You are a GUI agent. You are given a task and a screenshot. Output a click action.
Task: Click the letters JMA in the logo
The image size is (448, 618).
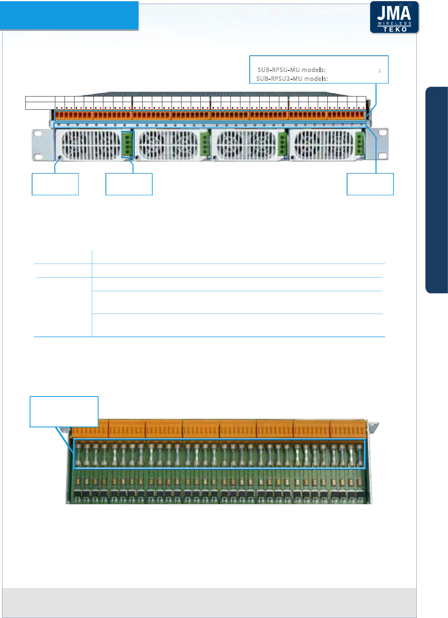(x=394, y=13)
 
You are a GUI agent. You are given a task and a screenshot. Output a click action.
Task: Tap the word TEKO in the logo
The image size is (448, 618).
(x=395, y=30)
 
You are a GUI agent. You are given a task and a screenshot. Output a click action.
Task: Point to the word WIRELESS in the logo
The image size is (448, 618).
(x=395, y=24)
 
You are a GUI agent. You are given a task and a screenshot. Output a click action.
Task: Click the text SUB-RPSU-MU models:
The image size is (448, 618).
(x=291, y=70)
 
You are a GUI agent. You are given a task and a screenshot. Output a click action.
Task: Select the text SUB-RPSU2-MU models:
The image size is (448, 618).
(x=292, y=79)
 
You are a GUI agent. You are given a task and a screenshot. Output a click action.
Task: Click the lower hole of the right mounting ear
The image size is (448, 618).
(x=382, y=155)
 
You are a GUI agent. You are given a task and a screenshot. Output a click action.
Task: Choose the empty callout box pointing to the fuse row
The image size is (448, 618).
(x=64, y=411)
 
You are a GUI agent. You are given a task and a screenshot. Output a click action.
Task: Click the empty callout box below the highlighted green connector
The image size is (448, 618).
(x=129, y=184)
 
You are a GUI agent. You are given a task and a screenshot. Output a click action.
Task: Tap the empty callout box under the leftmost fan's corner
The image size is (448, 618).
(x=55, y=184)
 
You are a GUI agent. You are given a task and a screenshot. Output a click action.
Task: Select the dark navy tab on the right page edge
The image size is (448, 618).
(x=436, y=190)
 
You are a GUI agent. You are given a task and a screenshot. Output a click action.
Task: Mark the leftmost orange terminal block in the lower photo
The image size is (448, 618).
(x=90, y=429)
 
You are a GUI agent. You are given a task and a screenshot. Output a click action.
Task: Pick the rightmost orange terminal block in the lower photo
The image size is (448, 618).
(x=348, y=429)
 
